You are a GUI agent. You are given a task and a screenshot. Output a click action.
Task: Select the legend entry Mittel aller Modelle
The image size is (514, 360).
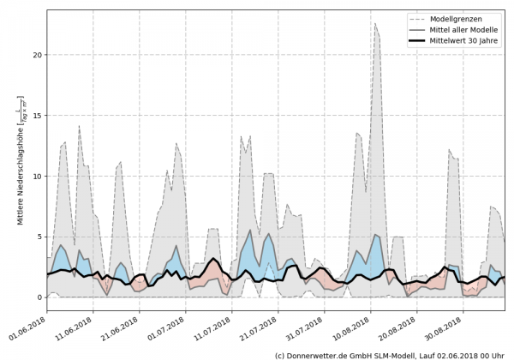tap(468, 29)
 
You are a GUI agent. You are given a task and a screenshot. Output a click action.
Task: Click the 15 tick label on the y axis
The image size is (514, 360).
tap(36, 116)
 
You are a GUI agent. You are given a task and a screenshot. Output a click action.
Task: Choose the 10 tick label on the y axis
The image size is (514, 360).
tap(36, 177)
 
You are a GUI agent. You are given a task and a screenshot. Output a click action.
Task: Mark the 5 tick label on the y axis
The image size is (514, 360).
tap(39, 237)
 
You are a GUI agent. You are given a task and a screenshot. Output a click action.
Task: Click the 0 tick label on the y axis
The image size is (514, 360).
tap(39, 297)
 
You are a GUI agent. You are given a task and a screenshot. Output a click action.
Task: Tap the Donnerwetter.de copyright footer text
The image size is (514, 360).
tap(389, 354)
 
